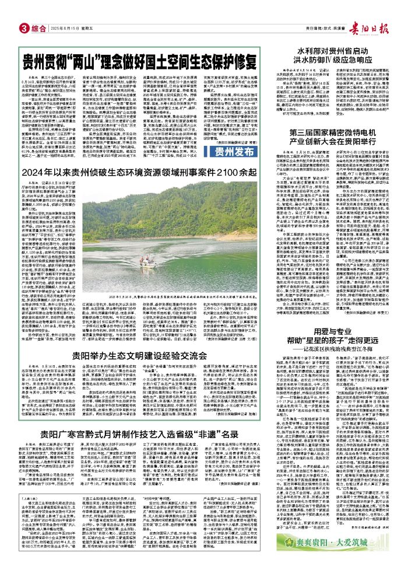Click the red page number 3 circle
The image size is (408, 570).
coord(24,29)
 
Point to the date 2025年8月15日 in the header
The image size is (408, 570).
coord(65,29)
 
